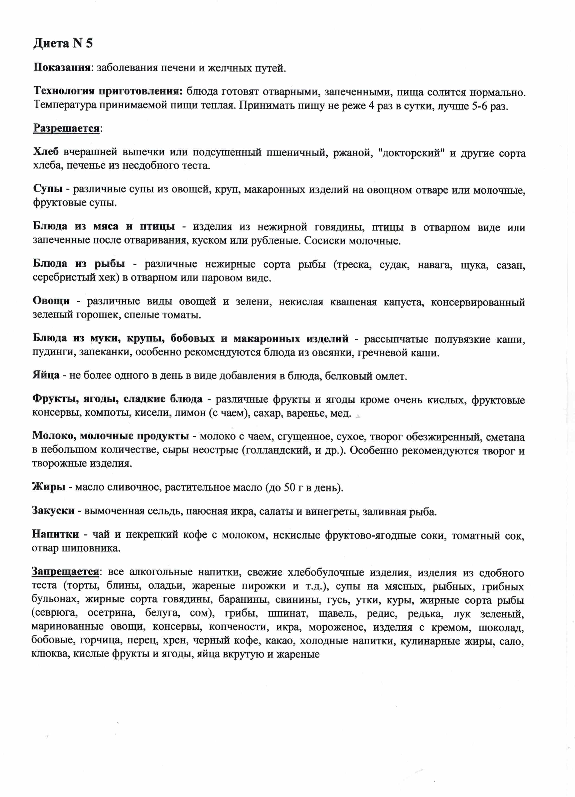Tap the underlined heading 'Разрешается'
coord(66,129)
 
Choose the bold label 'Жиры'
coord(48,487)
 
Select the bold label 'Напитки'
coord(55,534)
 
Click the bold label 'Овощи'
coord(51,301)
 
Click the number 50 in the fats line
coord(289,488)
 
